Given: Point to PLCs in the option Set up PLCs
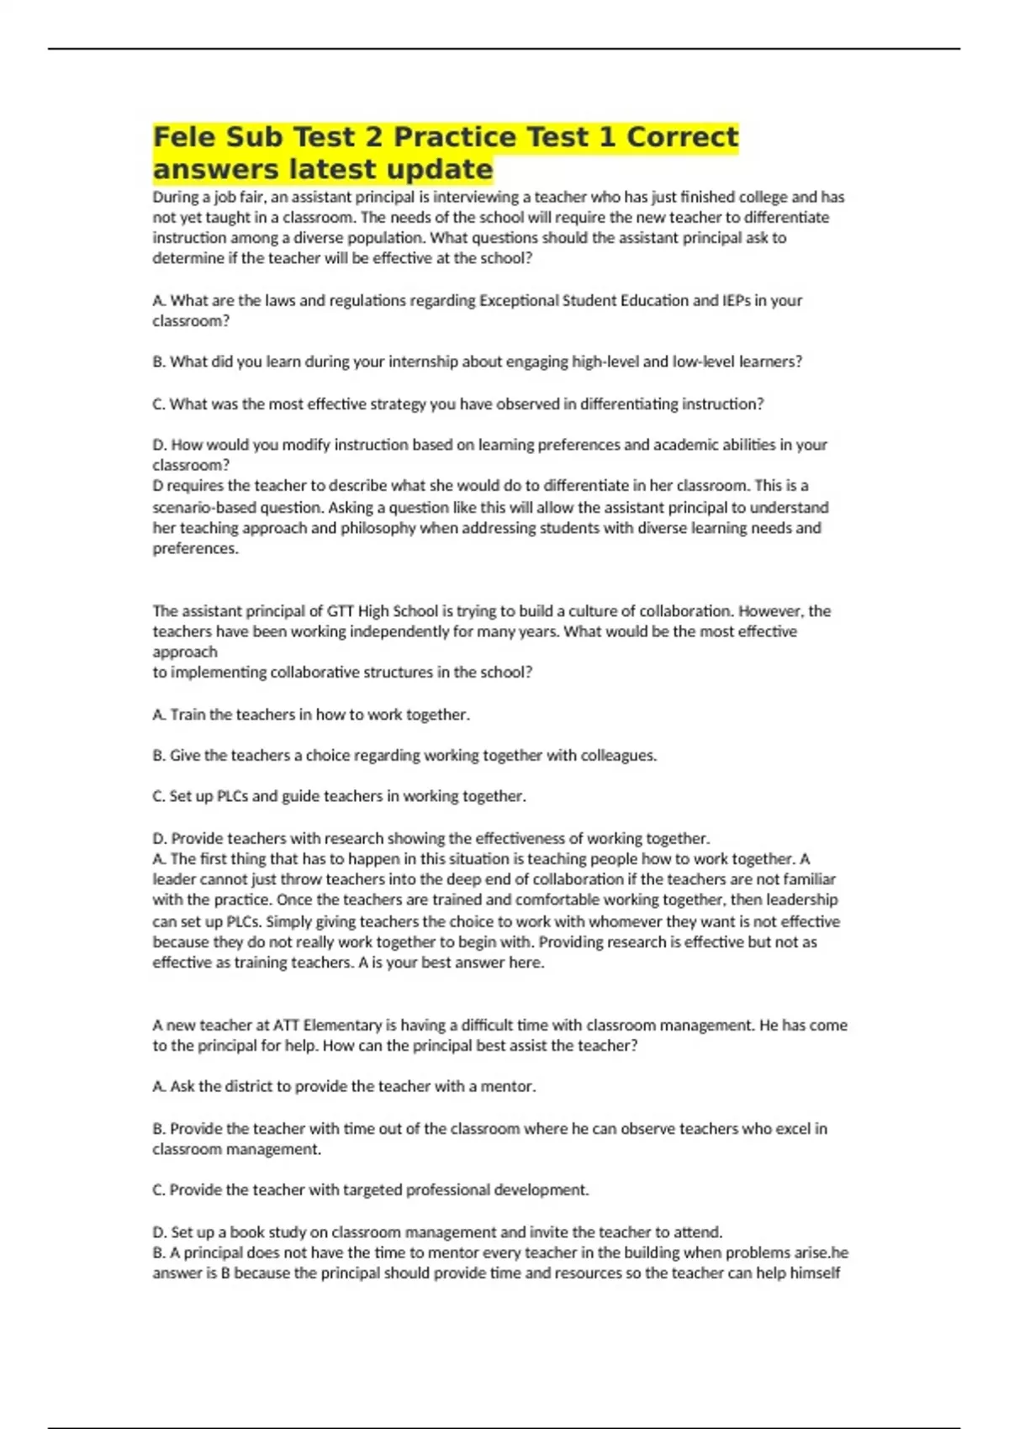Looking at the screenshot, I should coord(232,796).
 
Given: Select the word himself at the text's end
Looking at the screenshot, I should coord(814,1273).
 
